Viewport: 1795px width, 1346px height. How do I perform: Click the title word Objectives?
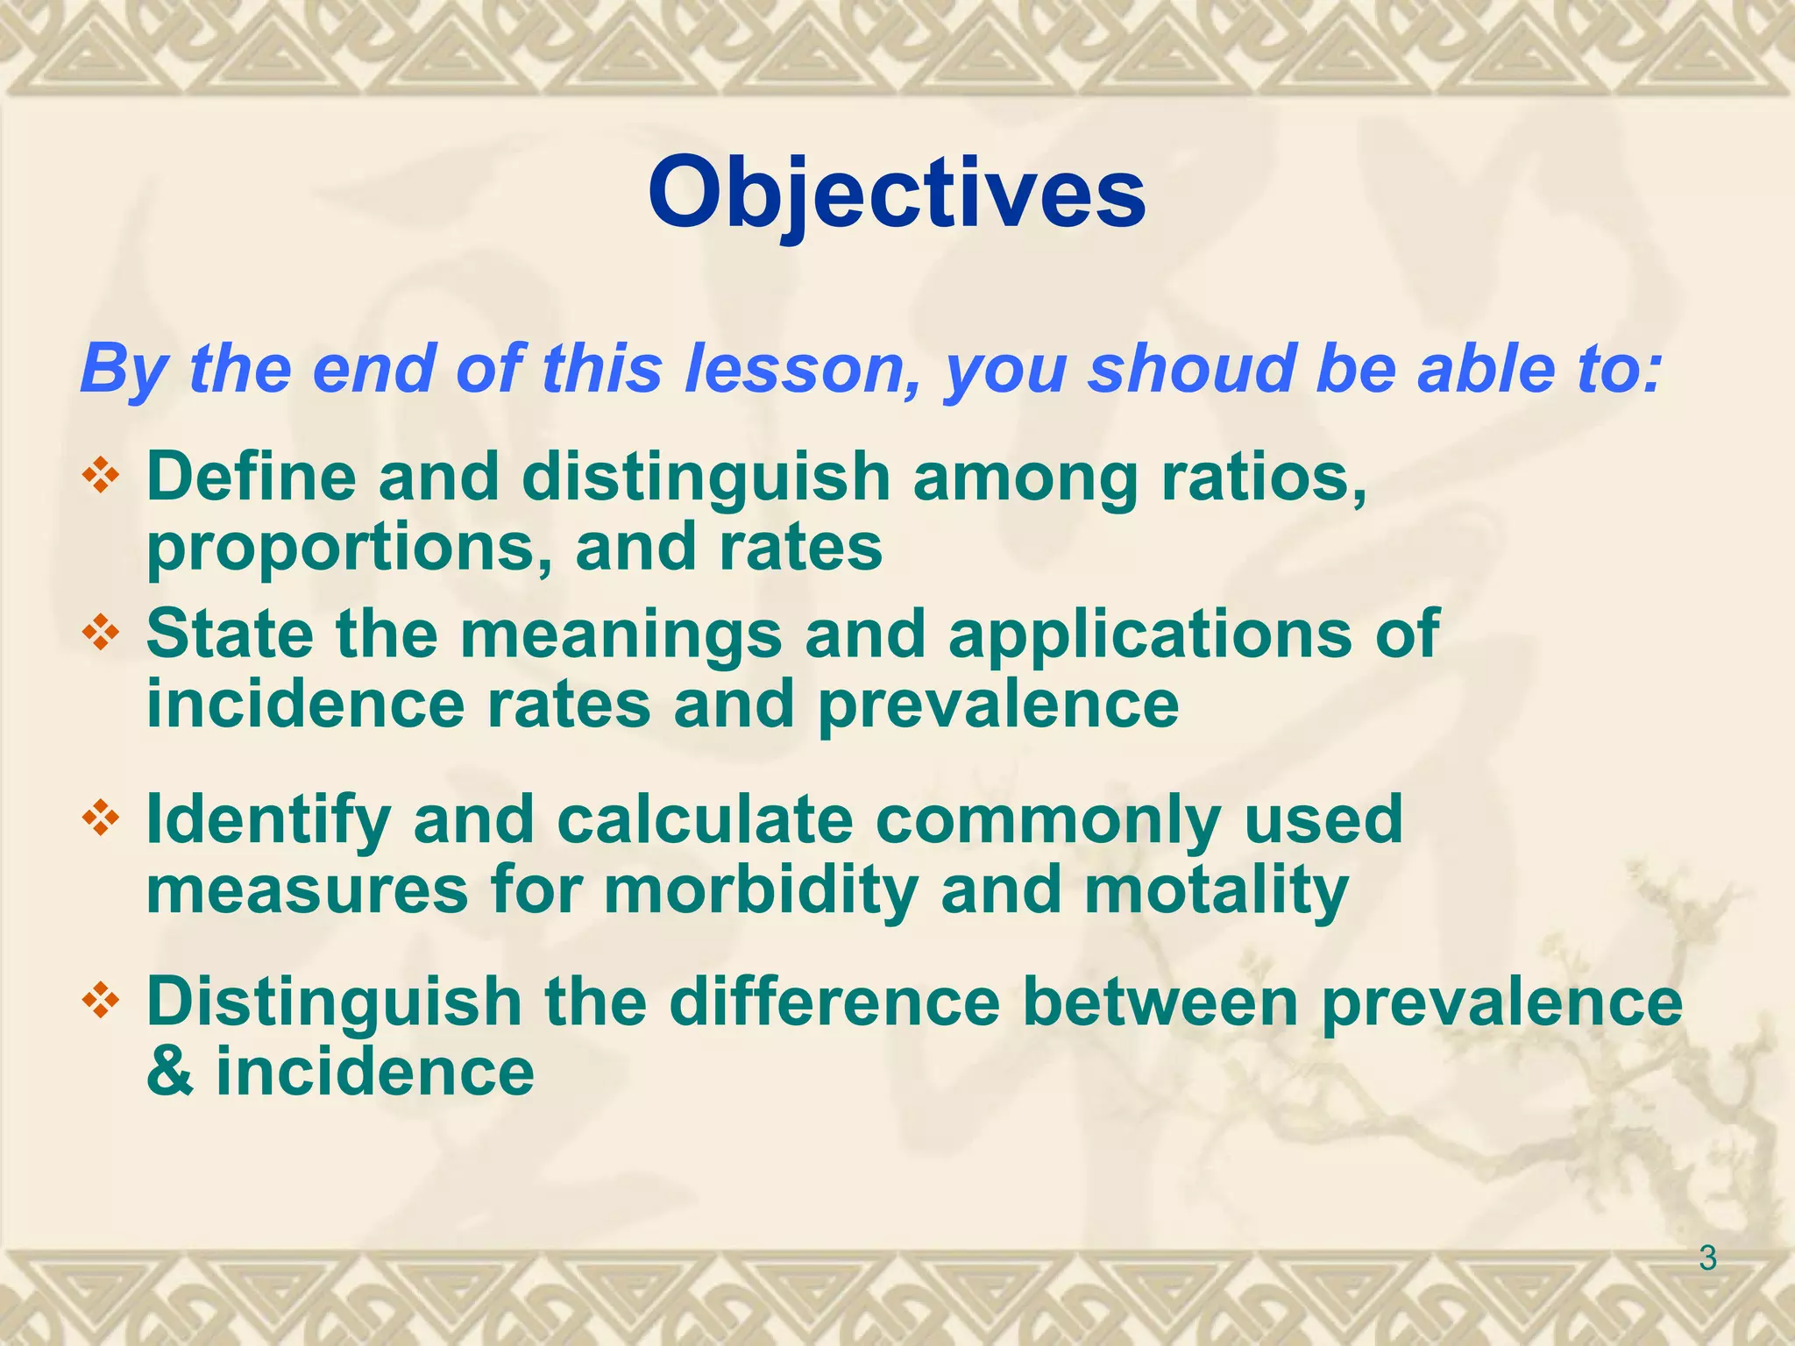[896, 193]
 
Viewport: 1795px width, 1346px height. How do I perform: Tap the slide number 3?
[1707, 1259]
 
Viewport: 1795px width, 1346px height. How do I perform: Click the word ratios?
[1262, 478]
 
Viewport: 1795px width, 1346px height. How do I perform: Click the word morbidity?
[761, 890]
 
